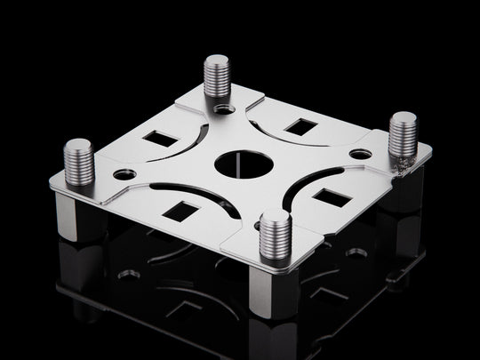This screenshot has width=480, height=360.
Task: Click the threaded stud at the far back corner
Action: [217, 76]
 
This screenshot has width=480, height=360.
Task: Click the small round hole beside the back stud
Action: [224, 109]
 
